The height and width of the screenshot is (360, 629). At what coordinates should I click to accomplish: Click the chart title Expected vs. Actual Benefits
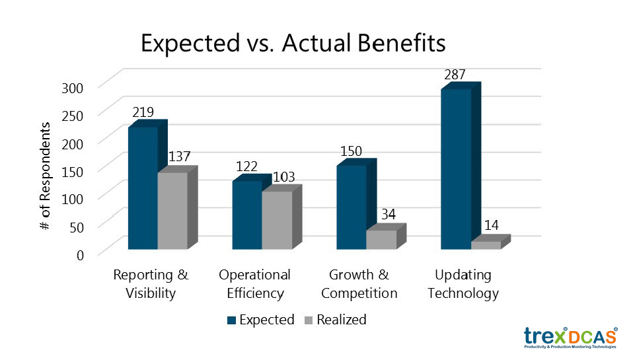point(293,44)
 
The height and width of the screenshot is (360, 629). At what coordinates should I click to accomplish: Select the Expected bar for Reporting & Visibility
point(143,188)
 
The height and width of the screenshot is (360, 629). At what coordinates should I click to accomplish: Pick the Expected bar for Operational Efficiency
point(246,215)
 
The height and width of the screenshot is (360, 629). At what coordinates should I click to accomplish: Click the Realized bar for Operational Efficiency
point(277,220)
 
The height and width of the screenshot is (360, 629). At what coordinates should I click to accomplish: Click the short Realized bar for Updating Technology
point(486,245)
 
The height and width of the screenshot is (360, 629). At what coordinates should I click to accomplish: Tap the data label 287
point(455,75)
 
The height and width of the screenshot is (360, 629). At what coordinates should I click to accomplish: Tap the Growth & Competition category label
point(363,284)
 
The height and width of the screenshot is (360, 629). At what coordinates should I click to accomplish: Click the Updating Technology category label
point(463,284)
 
